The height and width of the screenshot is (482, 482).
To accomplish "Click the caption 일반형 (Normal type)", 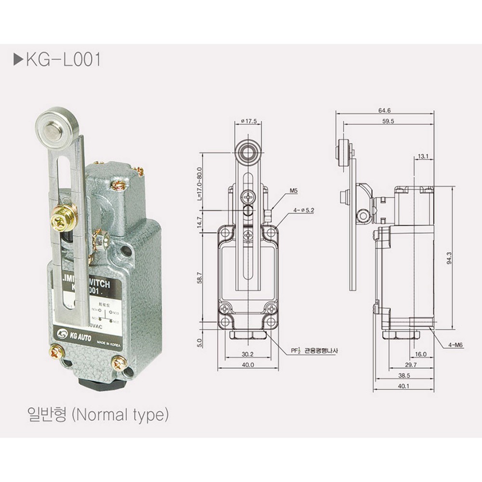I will [x=97, y=414].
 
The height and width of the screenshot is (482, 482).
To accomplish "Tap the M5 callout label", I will [x=294, y=191].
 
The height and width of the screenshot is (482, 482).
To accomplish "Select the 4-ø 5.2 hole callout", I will [x=303, y=210].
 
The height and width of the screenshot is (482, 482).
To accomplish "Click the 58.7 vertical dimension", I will [x=200, y=277].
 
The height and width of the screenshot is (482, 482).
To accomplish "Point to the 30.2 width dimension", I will [x=248, y=354].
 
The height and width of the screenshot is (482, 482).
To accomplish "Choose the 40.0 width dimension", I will [x=248, y=365].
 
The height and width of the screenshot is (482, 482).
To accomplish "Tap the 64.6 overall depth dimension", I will [x=385, y=110].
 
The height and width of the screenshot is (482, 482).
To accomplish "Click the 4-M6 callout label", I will [x=455, y=346].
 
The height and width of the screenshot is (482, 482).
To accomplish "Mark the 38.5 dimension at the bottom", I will [x=403, y=375].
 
